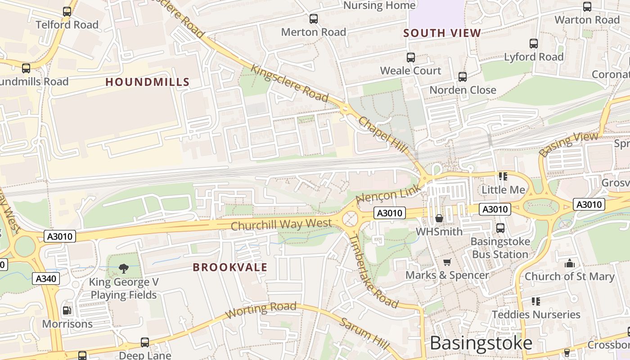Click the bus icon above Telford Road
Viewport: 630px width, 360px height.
pos(67,12)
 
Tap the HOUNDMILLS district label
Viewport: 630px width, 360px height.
pos(147,82)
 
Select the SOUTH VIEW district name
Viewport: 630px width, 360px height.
pos(442,33)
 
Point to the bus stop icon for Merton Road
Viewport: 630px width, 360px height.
pos(314,19)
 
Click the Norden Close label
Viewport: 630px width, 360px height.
pos(463,90)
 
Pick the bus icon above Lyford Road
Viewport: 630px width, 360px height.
pos(534,44)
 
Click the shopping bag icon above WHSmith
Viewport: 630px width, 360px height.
pos(439,218)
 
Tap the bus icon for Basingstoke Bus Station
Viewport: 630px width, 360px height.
pos(500,228)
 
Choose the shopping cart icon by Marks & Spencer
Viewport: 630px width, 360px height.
pos(447,262)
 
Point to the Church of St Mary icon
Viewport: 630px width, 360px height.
pos(570,263)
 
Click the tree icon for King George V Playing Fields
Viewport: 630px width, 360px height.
pos(124,269)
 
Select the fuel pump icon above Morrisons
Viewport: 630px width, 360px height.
pos(67,310)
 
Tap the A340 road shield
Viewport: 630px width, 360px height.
pos(46,279)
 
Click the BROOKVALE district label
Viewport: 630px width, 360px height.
pos(230,267)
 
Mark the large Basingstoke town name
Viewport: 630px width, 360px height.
pos(481,343)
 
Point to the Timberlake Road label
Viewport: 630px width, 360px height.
pos(373,271)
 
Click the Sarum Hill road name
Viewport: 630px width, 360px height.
pos(364,333)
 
